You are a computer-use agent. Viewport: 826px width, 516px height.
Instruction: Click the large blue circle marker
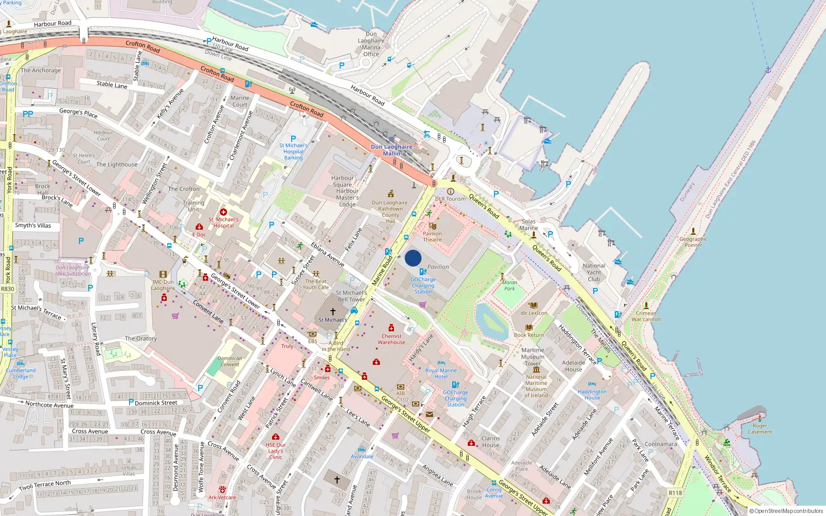(413, 258)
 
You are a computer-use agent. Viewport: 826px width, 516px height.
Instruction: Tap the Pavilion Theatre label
(432, 236)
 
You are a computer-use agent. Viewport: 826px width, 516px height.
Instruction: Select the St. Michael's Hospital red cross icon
(224, 212)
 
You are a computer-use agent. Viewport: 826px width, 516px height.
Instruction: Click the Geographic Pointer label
(693, 242)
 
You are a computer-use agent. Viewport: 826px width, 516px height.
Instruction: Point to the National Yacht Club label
(594, 272)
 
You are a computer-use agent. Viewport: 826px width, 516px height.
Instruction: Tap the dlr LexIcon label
(534, 313)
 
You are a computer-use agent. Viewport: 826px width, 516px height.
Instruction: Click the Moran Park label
(510, 285)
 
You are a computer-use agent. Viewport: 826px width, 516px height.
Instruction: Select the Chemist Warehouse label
(391, 339)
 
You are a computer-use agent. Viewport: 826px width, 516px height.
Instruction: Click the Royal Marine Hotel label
(441, 373)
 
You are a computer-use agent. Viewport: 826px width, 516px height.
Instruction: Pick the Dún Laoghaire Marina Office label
(371, 44)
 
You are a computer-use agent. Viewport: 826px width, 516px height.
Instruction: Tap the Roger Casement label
(760, 429)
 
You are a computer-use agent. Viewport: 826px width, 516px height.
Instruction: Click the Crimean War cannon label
(646, 316)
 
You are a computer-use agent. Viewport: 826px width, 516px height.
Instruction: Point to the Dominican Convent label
(230, 361)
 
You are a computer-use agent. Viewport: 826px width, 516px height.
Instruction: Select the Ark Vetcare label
(222, 497)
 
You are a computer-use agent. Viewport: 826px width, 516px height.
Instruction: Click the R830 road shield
(8, 289)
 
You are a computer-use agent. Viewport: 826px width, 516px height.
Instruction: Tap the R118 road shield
(675, 493)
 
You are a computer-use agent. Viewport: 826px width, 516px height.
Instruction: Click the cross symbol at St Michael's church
(333, 311)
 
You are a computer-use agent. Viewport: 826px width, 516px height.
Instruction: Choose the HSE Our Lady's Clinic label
(276, 450)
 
